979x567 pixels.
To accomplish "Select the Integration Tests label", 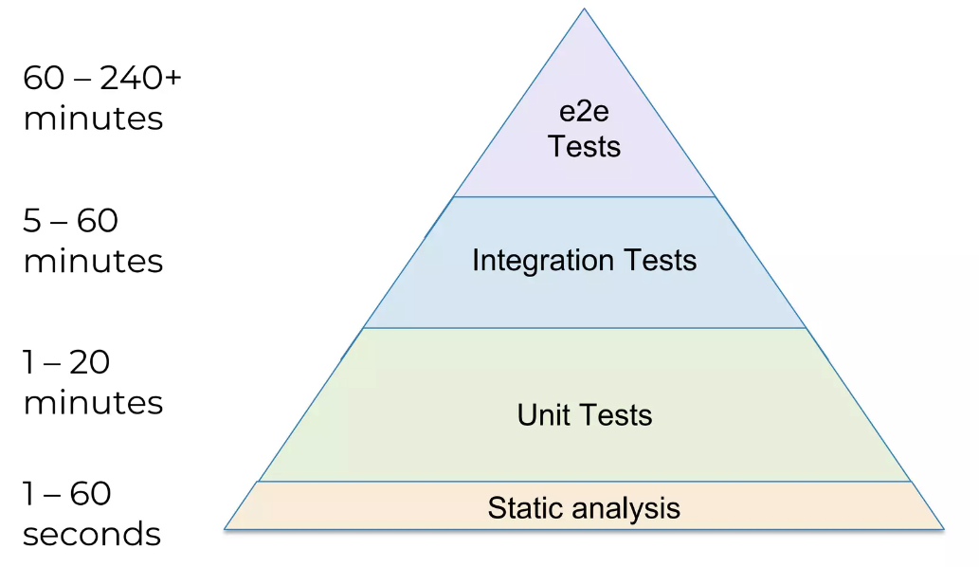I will coord(584,260).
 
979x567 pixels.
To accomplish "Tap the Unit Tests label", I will coord(584,414).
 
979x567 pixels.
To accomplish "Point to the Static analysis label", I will coord(584,507).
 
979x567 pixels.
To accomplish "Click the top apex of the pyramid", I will coord(584,9).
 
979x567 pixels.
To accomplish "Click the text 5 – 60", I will coord(70,221).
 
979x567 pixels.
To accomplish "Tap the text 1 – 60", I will coord(66,493).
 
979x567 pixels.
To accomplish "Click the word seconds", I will coord(91,534).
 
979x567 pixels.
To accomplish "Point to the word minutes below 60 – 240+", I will coord(93,119).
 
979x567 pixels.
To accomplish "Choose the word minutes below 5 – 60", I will coord(93,261).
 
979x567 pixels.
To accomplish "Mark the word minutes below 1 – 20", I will coord(93,402).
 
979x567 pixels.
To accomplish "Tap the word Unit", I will coord(540,414).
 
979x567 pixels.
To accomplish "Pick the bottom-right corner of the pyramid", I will coord(944,528).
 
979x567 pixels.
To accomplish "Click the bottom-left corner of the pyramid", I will coord(225,528).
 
